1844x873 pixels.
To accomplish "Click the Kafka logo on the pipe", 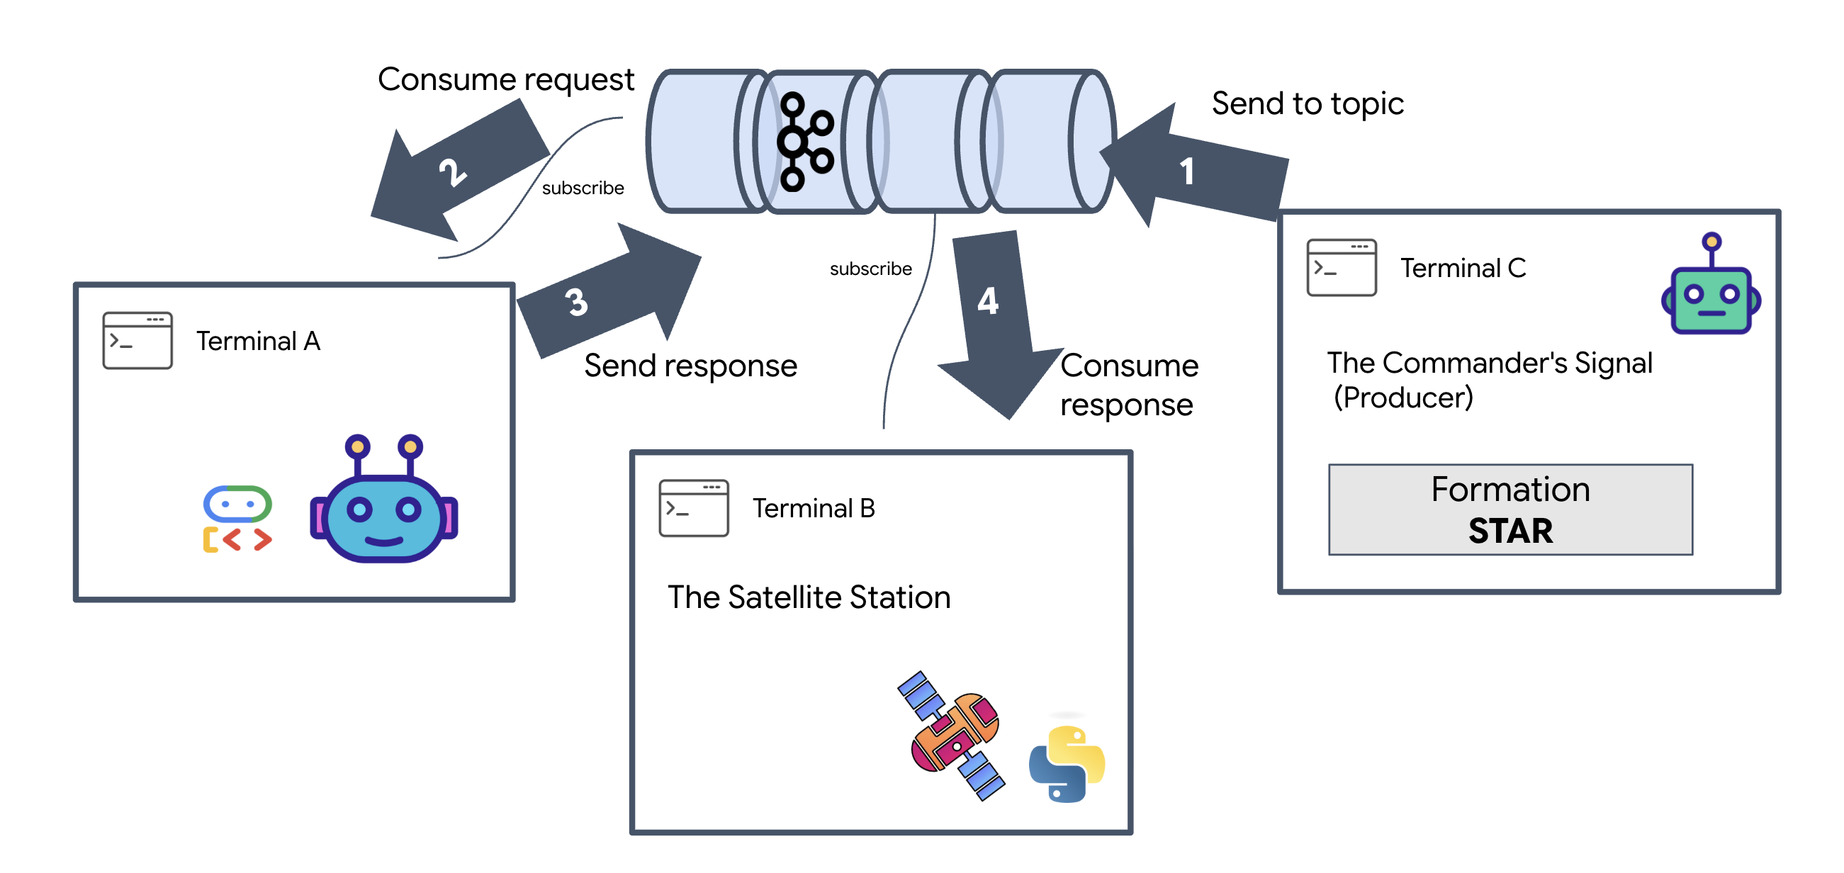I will tap(805, 142).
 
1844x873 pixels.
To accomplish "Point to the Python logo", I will tap(1067, 765).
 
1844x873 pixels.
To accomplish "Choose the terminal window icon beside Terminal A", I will tap(137, 341).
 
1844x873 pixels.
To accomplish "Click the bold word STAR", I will tap(1510, 531).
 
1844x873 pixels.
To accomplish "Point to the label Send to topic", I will tap(1307, 103).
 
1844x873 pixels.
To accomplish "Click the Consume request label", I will tap(506, 79).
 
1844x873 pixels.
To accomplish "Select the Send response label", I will tap(690, 366).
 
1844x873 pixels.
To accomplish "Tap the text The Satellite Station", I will tap(809, 597).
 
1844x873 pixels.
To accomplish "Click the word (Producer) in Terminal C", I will tap(1403, 398).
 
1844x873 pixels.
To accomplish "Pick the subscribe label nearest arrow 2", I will tap(583, 188).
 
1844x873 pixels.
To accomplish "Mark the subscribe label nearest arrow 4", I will tap(870, 269).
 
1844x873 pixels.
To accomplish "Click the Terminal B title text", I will tap(814, 509).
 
